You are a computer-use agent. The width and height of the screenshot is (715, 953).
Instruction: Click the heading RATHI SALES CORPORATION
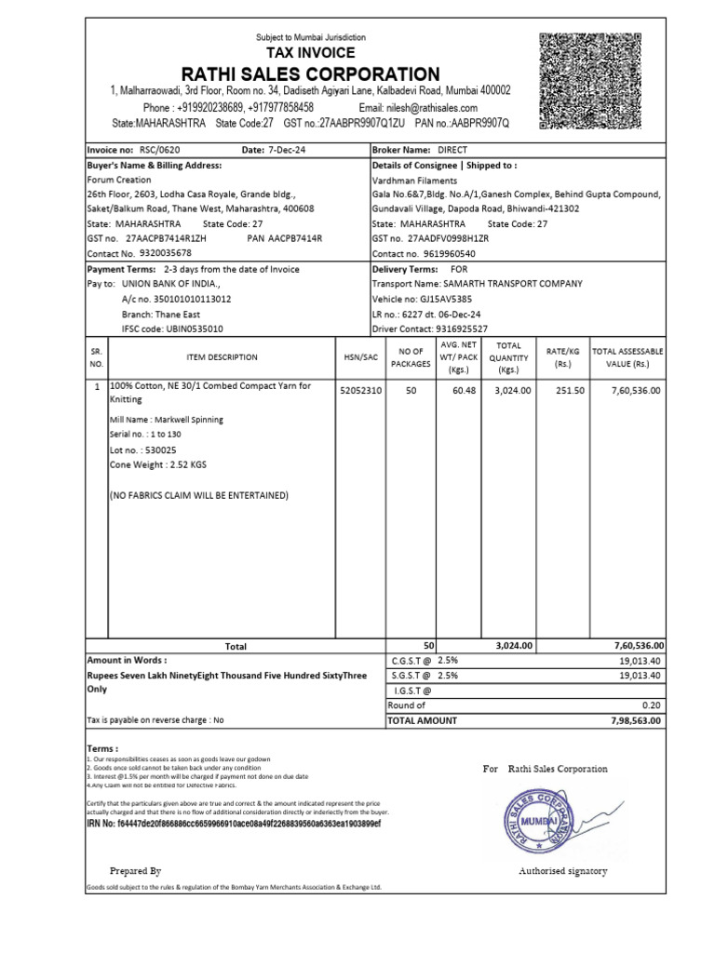[x=310, y=74]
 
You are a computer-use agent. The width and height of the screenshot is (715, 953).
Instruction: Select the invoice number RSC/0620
[x=162, y=150]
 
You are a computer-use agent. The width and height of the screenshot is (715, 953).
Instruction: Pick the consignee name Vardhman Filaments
[x=414, y=180]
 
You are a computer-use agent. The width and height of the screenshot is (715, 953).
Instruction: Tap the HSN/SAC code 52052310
[x=360, y=391]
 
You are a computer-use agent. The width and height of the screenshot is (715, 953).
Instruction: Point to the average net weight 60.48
[x=464, y=391]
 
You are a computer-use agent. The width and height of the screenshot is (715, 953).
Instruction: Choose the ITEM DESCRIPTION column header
[x=209, y=356]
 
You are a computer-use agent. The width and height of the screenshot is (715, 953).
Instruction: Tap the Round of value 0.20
[x=652, y=705]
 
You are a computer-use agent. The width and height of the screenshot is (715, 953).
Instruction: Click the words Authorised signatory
[x=562, y=871]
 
